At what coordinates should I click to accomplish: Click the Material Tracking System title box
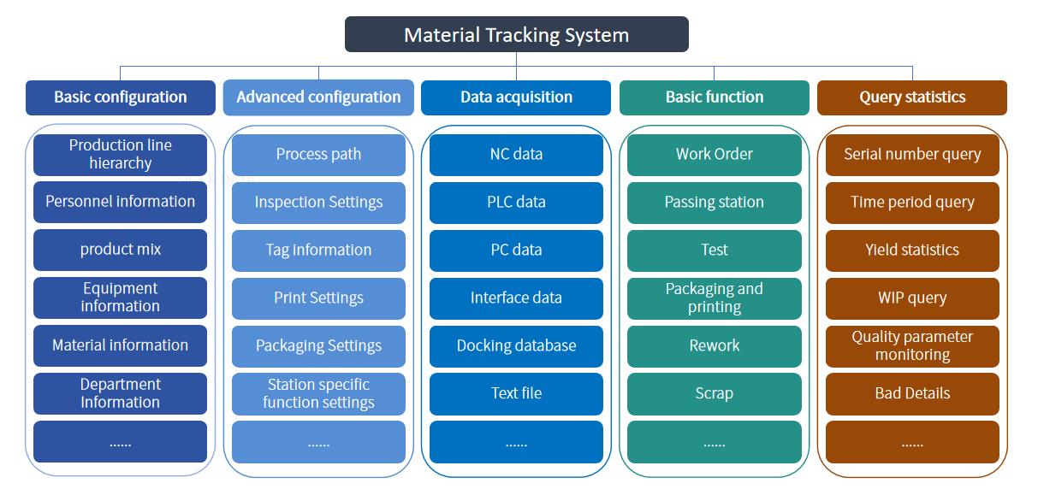(517, 34)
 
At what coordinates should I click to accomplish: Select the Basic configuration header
(121, 97)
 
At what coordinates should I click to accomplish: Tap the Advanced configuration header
(318, 97)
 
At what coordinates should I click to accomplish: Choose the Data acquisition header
(516, 97)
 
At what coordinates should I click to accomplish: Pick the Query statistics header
(912, 97)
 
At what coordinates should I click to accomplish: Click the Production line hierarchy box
(121, 155)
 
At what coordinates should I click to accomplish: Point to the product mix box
(121, 250)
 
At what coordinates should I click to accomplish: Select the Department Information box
(121, 393)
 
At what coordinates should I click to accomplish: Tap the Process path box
(318, 155)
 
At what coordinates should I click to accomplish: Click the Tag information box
(318, 250)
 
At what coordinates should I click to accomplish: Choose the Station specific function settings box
(318, 393)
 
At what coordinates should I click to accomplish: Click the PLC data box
(516, 203)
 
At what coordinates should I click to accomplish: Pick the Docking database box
(516, 346)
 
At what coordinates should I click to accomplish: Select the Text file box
(516, 393)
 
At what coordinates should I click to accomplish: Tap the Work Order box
(715, 155)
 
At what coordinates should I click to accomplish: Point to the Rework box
(715, 346)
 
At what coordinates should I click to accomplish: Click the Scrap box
(715, 393)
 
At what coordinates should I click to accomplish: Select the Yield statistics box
(912, 250)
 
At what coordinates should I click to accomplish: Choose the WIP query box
(912, 298)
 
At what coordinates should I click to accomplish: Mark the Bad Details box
(912, 393)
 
